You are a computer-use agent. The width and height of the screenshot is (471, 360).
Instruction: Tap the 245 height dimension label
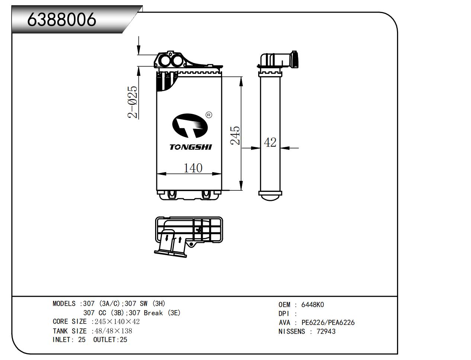(235, 136)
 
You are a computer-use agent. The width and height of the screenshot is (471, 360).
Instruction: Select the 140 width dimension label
(193, 168)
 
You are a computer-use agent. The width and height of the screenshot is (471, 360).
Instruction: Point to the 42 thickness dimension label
(270, 142)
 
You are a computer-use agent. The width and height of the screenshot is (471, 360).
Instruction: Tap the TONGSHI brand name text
(190, 147)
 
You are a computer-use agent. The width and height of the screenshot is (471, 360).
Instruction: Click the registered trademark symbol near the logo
(209, 115)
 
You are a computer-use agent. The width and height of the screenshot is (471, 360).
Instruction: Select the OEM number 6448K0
(313, 305)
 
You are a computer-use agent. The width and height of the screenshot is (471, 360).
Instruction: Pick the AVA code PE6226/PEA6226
(328, 322)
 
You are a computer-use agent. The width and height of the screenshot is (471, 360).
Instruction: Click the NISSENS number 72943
(326, 331)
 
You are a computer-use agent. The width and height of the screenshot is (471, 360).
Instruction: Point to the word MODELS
(64, 304)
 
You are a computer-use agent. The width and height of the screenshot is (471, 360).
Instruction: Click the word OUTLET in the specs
(105, 340)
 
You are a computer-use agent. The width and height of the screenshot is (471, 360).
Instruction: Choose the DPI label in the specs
(284, 314)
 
